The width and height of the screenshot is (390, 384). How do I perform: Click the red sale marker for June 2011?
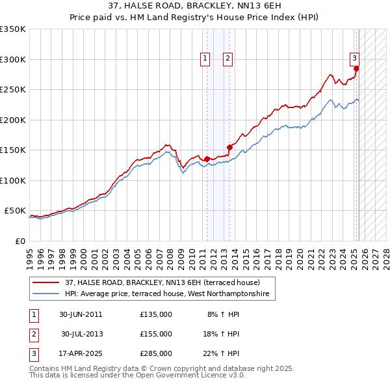coord(207,159)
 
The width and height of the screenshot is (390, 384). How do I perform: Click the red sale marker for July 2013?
coord(229,147)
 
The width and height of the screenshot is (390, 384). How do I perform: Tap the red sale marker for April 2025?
coord(356,68)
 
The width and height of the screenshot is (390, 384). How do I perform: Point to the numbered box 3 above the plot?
coord(355,57)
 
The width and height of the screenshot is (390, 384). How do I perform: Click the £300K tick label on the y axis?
coord(13,59)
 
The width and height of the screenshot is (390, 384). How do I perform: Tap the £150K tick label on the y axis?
coord(13,150)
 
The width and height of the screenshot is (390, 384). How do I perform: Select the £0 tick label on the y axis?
coord(19,241)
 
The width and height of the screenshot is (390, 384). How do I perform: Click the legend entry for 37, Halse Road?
coord(162,283)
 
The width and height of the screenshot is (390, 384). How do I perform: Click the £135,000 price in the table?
coord(156,314)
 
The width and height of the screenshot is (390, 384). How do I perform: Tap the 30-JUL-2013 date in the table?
coord(82,334)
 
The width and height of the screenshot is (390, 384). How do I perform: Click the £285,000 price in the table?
coord(156,353)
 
